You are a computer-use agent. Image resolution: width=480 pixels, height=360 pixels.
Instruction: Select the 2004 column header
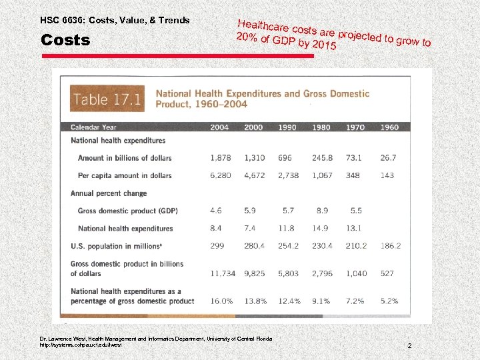point(219,127)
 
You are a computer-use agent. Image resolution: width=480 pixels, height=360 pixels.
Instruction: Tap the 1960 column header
point(389,127)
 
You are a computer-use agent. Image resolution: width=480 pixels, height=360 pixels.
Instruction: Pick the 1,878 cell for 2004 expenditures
point(220,158)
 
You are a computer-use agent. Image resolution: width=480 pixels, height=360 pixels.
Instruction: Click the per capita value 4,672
point(254,175)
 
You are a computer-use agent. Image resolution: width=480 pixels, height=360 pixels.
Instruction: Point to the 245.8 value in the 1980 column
point(322,158)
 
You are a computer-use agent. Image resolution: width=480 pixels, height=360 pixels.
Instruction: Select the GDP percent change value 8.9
point(322,211)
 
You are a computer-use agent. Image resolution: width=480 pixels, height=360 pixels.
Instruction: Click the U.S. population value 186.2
point(390,246)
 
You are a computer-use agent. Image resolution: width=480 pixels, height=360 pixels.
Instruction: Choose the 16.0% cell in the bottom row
point(221,301)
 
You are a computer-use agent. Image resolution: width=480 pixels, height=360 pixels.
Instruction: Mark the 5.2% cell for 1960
point(389,301)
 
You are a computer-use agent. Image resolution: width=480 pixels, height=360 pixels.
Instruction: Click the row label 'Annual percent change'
point(109,193)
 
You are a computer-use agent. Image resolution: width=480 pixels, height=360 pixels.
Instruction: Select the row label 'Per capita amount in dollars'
point(125,175)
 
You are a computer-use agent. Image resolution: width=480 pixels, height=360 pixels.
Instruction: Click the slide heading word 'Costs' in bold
point(65,40)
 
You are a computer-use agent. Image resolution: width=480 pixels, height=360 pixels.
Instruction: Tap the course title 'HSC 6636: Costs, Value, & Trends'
point(115,20)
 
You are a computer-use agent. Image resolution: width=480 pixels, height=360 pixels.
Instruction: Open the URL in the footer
point(81,345)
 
